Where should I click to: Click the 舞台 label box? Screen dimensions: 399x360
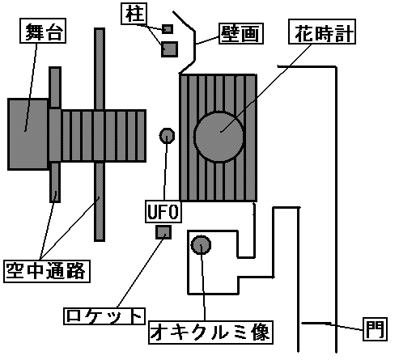point(43,31)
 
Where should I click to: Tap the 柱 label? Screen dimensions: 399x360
point(134,14)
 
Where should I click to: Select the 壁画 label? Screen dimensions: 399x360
point(241,33)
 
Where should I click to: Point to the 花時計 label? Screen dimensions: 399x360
point(322,32)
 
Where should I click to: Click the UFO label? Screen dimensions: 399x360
point(163,211)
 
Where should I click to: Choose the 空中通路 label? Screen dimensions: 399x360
point(47,271)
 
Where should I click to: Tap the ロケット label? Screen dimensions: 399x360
point(104,316)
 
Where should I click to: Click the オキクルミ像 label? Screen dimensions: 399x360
point(210,332)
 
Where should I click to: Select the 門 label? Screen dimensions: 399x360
point(375,329)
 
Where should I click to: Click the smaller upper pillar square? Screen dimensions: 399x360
point(168,29)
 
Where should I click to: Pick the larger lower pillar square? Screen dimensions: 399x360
point(169,49)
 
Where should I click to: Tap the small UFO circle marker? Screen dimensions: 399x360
point(167,136)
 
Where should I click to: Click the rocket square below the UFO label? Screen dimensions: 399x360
point(163,232)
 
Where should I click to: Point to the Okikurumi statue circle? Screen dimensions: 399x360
point(201,245)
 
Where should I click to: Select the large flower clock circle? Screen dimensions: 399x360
point(219,137)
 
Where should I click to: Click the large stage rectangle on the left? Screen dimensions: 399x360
point(28,134)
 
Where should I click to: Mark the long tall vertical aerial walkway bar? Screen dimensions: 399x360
point(100,134)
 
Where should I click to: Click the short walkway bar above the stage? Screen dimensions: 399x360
point(55,88)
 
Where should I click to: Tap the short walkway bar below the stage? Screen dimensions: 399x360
point(55,182)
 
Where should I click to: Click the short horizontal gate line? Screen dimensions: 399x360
point(316,323)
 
